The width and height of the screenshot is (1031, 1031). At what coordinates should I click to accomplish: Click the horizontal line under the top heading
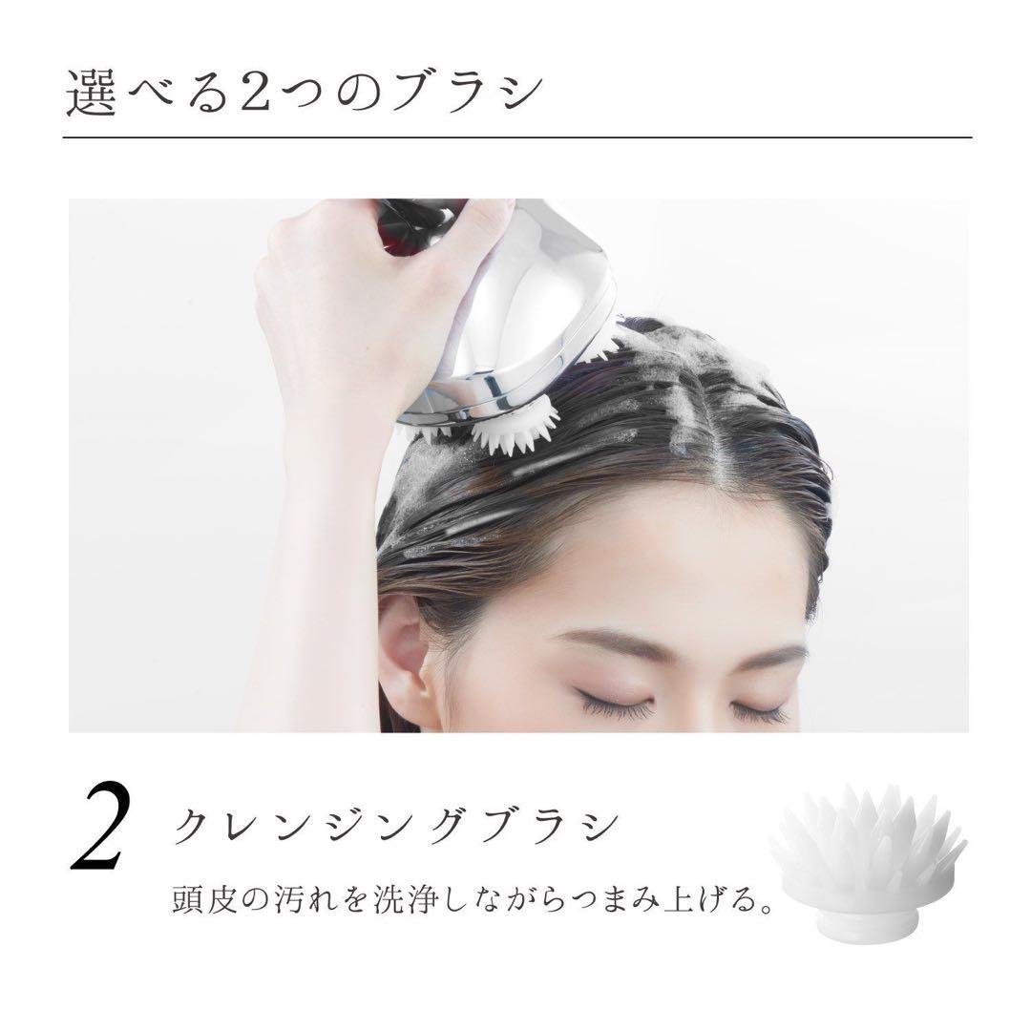515,138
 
